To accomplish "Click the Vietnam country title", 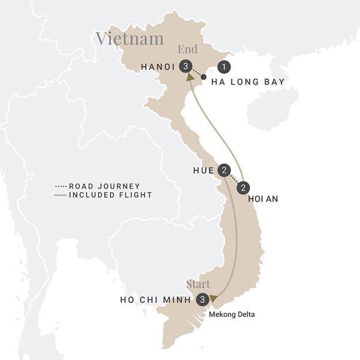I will tap(130, 39).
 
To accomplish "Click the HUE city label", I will tap(204, 170).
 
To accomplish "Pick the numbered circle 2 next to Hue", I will tap(224, 170).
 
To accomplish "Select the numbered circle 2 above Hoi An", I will tap(243, 188).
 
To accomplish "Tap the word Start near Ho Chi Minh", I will tap(200, 284).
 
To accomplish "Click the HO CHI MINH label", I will tap(155, 299).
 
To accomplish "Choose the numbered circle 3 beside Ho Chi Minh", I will tap(204, 299).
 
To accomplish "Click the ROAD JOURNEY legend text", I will tap(104, 186).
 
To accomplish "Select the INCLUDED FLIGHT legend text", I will tap(110, 194).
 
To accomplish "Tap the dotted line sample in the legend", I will tap(61, 186).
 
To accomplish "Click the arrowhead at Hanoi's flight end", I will tap(190, 76).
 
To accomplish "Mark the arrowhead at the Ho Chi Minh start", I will tap(213, 298).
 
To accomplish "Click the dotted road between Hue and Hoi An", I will tap(234, 179).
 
